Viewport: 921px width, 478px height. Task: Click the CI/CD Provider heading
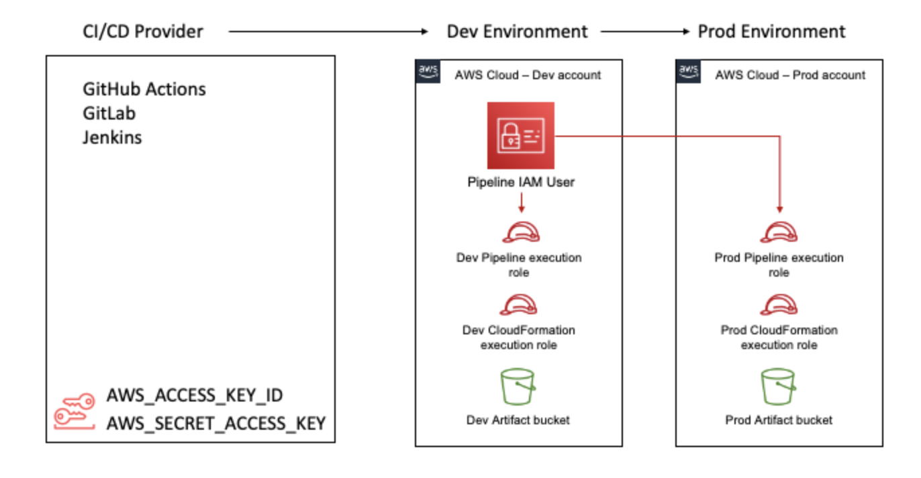tap(142, 31)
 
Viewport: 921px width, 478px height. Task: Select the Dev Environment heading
tap(517, 31)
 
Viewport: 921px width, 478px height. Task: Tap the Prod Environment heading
tap(771, 31)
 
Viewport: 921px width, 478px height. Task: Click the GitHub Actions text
tap(144, 89)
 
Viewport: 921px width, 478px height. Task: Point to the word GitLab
tap(109, 113)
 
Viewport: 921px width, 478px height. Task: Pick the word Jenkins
tap(112, 138)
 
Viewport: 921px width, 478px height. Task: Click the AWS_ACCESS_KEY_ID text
tap(195, 396)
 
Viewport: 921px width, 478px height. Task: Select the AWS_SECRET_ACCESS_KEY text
tap(216, 423)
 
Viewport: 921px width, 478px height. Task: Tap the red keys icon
tap(74, 411)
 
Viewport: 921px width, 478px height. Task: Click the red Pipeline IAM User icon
tap(521, 136)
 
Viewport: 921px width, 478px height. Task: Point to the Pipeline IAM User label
tap(521, 182)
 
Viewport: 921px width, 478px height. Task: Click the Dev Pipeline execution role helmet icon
tap(521, 231)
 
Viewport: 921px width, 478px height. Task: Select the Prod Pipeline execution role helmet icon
tap(779, 231)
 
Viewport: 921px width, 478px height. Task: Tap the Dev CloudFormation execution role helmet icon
tap(521, 305)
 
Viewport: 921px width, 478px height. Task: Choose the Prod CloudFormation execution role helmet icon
tap(779, 305)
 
